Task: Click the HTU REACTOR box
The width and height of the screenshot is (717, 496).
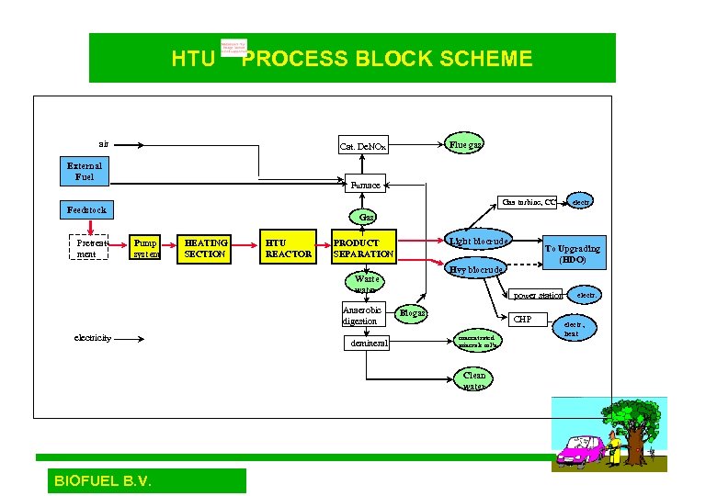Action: [x=288, y=248]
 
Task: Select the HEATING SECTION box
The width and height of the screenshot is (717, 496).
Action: [x=202, y=248]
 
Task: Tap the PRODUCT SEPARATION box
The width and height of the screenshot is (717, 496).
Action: [x=363, y=248]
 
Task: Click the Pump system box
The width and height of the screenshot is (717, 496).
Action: [x=144, y=248]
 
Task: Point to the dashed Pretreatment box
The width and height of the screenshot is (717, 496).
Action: [x=86, y=248]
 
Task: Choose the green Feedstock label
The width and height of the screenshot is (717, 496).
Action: [x=86, y=209]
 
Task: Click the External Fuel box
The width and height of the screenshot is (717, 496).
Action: [x=85, y=171]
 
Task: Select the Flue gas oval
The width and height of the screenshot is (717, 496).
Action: [x=464, y=143]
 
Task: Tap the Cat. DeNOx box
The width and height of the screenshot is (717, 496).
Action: [x=363, y=146]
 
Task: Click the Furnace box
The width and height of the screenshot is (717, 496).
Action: [x=365, y=185]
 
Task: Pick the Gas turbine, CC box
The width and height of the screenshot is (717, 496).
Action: [x=529, y=202]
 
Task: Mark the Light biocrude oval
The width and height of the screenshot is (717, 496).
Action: [x=478, y=241]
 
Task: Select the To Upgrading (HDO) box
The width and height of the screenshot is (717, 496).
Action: [x=572, y=254]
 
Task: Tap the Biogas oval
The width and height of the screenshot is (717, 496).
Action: [x=412, y=313]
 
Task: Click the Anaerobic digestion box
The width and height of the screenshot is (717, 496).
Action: [x=360, y=315]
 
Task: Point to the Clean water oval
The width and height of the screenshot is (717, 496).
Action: [x=474, y=380]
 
